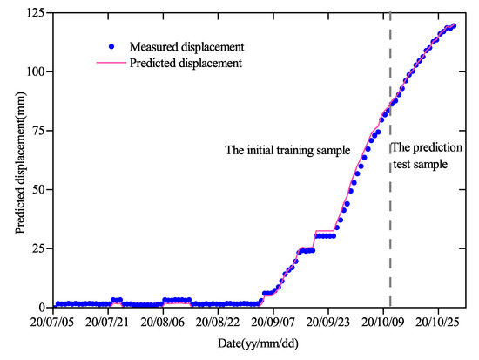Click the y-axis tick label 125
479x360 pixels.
(x=36, y=11)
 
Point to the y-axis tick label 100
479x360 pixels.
(x=36, y=71)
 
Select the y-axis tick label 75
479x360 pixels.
(x=38, y=130)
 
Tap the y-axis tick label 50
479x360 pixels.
(x=38, y=189)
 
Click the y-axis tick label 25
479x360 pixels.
(x=38, y=248)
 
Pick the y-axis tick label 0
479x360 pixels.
(x=42, y=308)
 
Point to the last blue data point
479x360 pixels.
(x=453, y=26)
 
